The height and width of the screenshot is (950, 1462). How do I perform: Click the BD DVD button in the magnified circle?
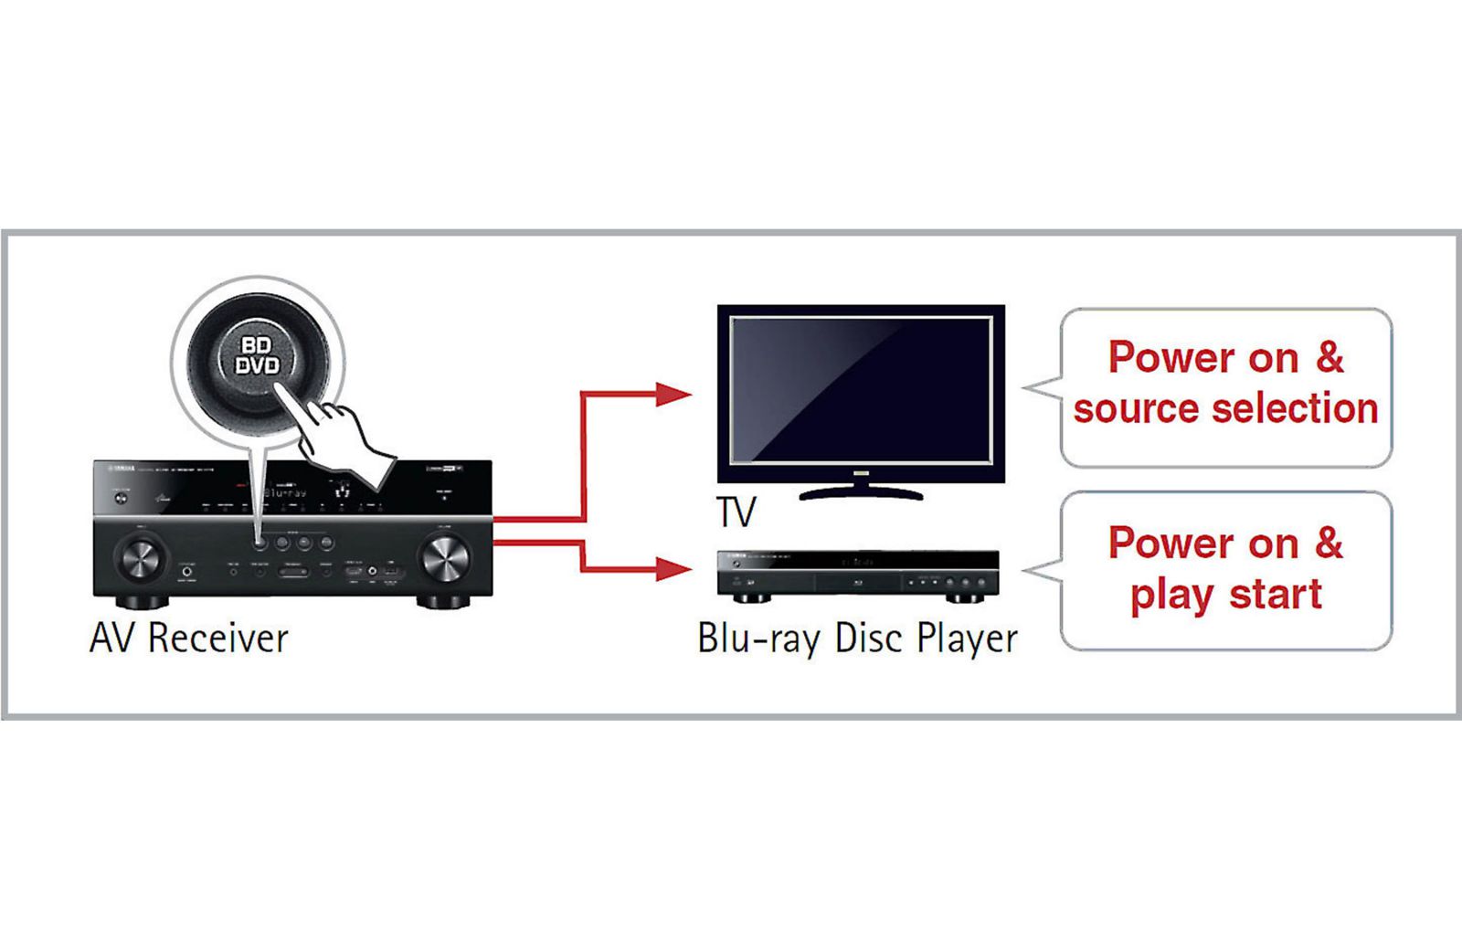pos(258,356)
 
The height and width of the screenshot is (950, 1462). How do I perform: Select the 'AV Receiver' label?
pos(189,638)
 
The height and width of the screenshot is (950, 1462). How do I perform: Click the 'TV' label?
pos(736,512)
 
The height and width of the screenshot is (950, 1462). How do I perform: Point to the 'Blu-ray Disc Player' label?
pos(857,638)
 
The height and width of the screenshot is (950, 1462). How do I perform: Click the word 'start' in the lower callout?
pos(1276,595)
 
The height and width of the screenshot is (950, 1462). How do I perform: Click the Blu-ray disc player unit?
pos(857,575)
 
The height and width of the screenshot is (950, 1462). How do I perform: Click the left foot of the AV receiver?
pos(143,602)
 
